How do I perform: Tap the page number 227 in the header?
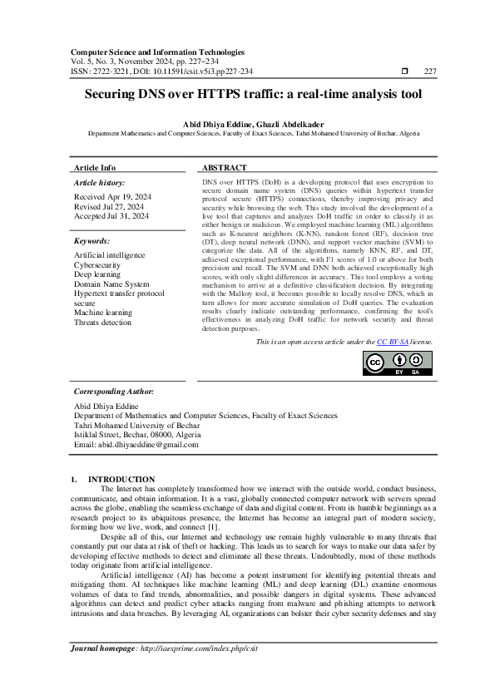click(x=430, y=72)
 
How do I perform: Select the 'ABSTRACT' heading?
click(x=224, y=167)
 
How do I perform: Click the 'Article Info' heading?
click(x=95, y=167)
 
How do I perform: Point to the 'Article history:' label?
click(x=99, y=182)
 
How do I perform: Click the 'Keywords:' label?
click(x=92, y=240)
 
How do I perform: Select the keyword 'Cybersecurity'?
click(x=97, y=265)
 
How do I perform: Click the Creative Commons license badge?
click(x=398, y=387)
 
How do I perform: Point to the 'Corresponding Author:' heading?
click(x=114, y=390)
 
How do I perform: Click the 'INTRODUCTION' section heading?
click(x=121, y=479)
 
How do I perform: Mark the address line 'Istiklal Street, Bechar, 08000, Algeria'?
click(x=137, y=435)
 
